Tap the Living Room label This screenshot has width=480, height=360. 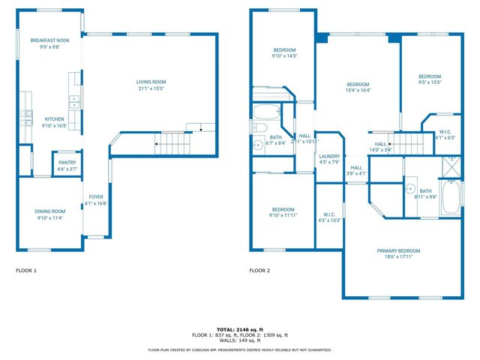(151, 82)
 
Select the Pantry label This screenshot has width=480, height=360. (66, 163)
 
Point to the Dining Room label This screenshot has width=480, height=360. (50, 211)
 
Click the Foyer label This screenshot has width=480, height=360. (96, 196)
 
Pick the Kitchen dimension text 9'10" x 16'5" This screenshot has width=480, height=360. (55, 126)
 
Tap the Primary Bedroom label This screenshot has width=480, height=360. (398, 250)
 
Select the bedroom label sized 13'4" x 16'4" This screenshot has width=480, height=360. (358, 84)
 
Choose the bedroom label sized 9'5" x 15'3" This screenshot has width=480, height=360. (429, 76)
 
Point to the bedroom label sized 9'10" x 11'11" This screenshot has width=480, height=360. (283, 209)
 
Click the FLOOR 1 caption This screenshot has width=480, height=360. (26, 270)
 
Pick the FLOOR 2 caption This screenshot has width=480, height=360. (259, 270)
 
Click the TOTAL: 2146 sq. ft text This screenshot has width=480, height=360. (239, 329)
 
